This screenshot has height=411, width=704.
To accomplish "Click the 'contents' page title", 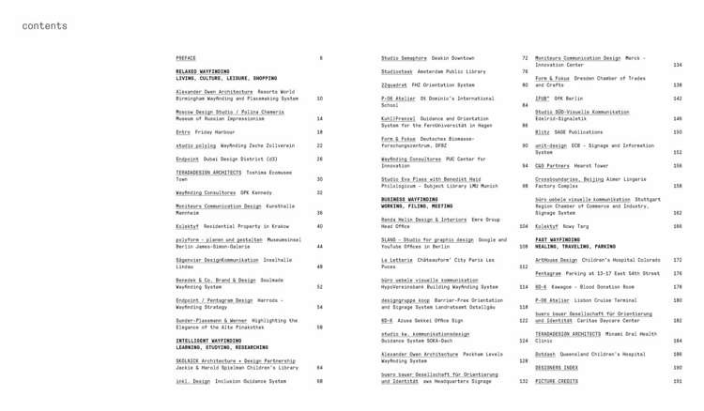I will [x=45, y=25].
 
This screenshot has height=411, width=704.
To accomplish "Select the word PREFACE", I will [x=186, y=58].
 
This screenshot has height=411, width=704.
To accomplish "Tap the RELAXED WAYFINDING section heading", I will [x=203, y=71].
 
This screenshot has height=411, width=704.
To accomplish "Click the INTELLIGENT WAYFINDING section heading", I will [x=208, y=341].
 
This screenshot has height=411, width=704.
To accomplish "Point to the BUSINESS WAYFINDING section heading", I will [x=409, y=199].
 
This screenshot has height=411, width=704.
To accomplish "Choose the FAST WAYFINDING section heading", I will [x=558, y=239].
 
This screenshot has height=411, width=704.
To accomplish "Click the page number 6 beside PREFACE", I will [x=320, y=58].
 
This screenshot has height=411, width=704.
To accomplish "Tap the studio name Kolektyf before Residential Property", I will [x=188, y=226].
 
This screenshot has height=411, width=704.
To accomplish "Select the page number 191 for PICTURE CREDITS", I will [x=678, y=382].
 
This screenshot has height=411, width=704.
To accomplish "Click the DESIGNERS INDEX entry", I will [x=557, y=368].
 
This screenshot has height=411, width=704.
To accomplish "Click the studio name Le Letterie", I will [x=396, y=260].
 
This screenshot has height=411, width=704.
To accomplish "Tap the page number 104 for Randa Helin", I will [x=524, y=226].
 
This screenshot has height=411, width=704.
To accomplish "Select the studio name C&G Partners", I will [x=551, y=165].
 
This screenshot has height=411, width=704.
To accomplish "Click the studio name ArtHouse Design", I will [x=557, y=260].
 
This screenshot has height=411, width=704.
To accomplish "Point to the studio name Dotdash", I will [x=546, y=355].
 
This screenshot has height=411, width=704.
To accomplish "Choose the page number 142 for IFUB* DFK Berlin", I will [x=678, y=98].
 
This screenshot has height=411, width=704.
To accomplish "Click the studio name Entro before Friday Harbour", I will [x=183, y=132].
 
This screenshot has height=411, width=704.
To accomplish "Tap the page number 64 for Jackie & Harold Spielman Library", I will [x=319, y=368].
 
